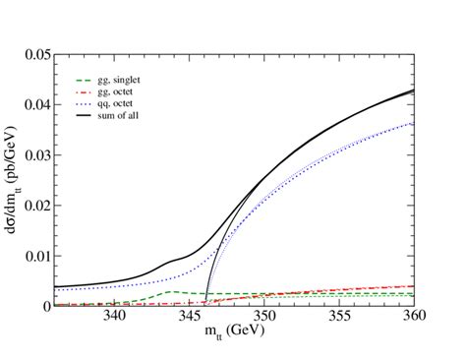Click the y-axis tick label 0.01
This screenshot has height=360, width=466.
(x=33, y=256)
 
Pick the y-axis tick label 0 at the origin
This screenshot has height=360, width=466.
(x=44, y=306)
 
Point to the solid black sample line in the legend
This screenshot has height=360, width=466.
(x=85, y=111)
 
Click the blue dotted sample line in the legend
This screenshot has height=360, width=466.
(x=85, y=100)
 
